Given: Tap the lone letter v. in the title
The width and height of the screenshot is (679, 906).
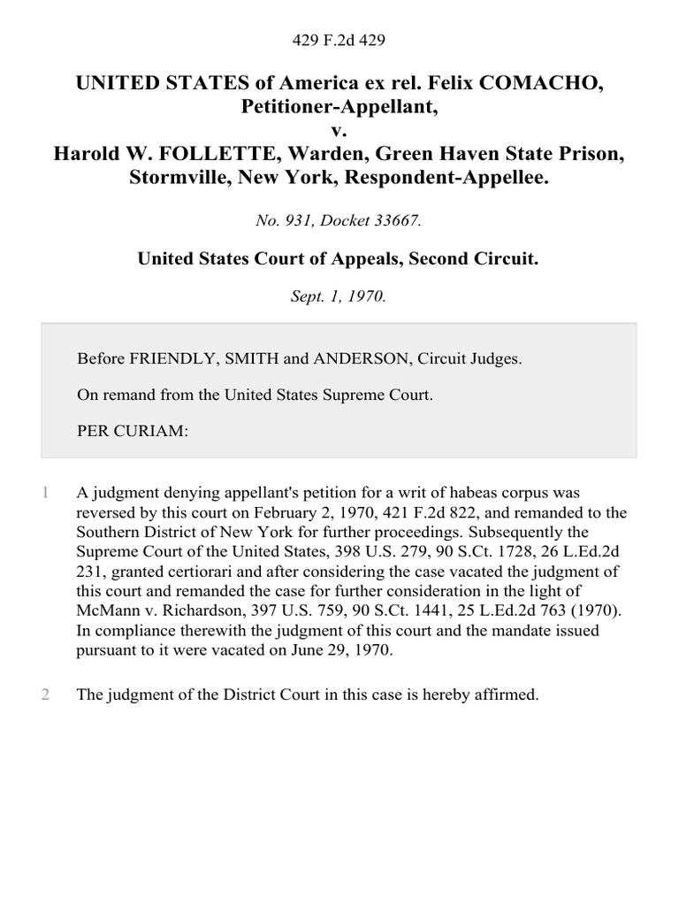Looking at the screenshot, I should (339, 131).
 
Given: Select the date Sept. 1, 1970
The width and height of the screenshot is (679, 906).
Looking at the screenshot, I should (339, 296).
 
